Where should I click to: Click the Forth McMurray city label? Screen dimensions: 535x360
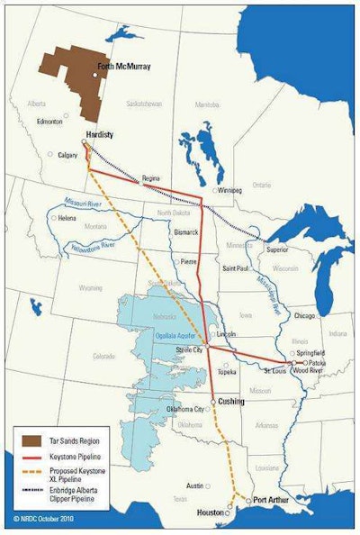pos(124,67)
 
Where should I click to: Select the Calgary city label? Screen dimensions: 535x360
pos(69,153)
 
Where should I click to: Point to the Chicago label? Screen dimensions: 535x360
pos(304,316)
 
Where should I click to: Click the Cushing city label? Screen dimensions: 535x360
pos(230,401)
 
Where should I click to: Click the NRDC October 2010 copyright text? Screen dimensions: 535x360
pos(44,521)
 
